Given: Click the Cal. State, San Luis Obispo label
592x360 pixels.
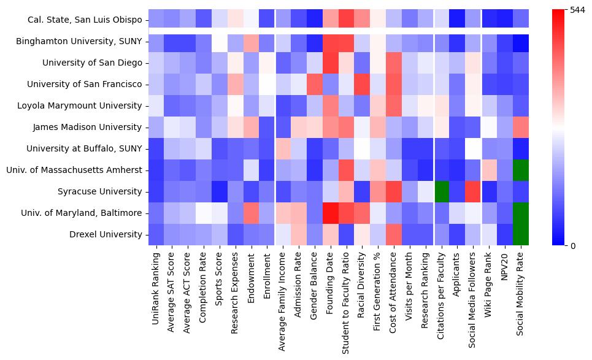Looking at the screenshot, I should pyautogui.click(x=85, y=20).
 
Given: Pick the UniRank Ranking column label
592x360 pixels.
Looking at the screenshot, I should pyautogui.click(x=156, y=289).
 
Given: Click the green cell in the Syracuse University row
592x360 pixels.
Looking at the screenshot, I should pyautogui.click(x=441, y=191).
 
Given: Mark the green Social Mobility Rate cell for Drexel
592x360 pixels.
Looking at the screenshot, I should pyautogui.click(x=520, y=234).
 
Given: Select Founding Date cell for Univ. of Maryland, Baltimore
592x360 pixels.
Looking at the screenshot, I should pyautogui.click(x=331, y=213).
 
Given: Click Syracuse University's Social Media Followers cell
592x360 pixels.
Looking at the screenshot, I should pyautogui.click(x=473, y=191).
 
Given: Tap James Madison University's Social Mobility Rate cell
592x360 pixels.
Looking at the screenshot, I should pyautogui.click(x=520, y=127).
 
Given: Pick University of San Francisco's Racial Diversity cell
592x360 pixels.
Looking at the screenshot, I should pyautogui.click(x=362, y=84).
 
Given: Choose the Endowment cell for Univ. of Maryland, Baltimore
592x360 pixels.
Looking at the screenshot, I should pyautogui.click(x=252, y=213).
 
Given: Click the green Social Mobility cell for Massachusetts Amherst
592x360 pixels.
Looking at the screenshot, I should pyautogui.click(x=520, y=170).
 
